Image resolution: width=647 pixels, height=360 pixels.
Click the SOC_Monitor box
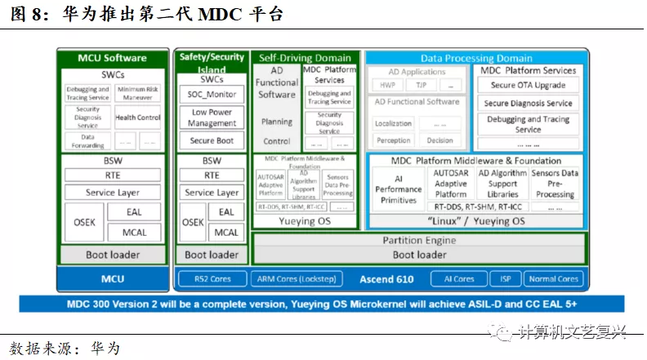[x=212, y=95]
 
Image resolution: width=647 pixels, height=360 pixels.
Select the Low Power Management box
[x=212, y=118]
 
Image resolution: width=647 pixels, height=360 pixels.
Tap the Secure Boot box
[x=212, y=140]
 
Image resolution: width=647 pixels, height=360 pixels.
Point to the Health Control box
[x=138, y=118]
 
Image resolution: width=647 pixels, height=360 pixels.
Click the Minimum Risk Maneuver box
[x=138, y=93]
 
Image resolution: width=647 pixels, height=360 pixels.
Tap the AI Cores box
[x=459, y=279]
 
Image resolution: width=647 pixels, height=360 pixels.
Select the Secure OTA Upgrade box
[x=527, y=85]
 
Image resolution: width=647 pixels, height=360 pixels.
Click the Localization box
[x=393, y=123]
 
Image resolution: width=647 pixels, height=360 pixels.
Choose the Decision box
[x=440, y=140]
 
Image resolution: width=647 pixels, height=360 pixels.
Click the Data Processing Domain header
[x=475, y=58]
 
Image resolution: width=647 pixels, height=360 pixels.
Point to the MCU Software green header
[x=112, y=58]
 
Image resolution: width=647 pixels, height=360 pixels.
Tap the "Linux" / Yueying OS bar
[x=475, y=221]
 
